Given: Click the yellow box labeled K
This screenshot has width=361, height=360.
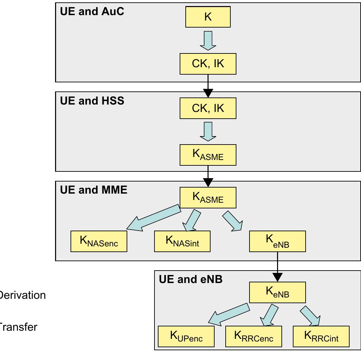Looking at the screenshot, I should [x=208, y=17].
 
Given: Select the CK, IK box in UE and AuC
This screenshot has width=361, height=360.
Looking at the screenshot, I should [x=208, y=64].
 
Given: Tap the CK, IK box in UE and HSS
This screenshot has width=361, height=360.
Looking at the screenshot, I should [x=208, y=108].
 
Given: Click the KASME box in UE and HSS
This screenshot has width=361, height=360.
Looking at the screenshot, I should [x=208, y=155].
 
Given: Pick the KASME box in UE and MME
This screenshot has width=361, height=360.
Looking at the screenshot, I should [x=208, y=198].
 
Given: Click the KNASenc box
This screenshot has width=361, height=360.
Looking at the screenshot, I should [x=99, y=241].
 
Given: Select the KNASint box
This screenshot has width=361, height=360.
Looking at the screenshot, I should [x=182, y=241].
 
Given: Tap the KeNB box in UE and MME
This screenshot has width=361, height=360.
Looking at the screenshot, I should [x=277, y=241].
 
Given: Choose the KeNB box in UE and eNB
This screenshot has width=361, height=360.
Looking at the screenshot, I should [x=277, y=292].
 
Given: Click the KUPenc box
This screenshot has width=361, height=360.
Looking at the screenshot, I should [x=186, y=336].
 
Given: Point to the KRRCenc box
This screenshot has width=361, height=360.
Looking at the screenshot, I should [x=254, y=336].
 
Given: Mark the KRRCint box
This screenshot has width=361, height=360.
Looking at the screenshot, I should [x=321, y=336].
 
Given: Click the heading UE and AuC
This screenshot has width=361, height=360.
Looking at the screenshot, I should [x=92, y=11].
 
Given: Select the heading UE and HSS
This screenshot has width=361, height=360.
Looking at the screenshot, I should [x=92, y=101].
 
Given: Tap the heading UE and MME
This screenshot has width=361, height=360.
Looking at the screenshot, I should [x=94, y=190].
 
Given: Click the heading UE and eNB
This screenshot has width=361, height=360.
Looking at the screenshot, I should [x=190, y=279].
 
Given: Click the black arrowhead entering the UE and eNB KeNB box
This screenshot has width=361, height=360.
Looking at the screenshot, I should [x=277, y=277].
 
